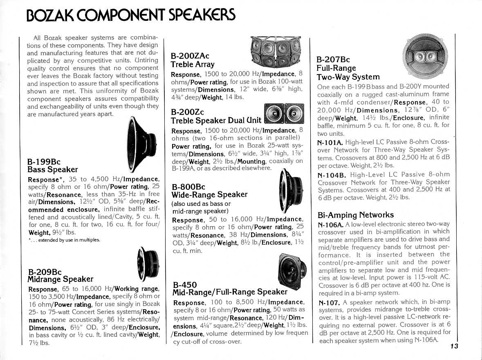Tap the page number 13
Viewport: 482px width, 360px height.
454,346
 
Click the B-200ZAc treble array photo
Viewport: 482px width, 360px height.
275,52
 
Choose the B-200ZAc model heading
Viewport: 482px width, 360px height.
190,56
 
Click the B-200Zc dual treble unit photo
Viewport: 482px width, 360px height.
284,113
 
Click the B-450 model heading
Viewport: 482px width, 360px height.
185,284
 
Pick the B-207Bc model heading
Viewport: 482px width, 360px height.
333,60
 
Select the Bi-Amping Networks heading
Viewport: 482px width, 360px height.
356,215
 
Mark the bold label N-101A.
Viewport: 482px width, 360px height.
330,142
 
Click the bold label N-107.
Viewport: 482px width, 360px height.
328,302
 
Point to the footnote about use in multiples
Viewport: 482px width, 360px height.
63,240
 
